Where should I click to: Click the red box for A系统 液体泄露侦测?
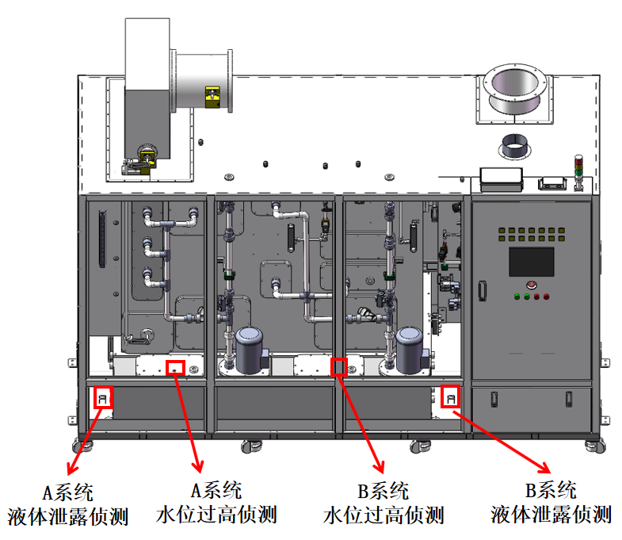pos(103,396)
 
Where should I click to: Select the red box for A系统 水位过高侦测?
pos(175,367)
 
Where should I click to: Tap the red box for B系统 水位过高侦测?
pos(339,367)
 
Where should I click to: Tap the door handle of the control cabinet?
pos(481,289)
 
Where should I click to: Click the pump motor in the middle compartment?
pos(250,349)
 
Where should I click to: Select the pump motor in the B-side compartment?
pos(412,349)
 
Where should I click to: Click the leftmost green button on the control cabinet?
pos(516,298)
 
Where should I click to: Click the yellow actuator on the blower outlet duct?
pos(213,96)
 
